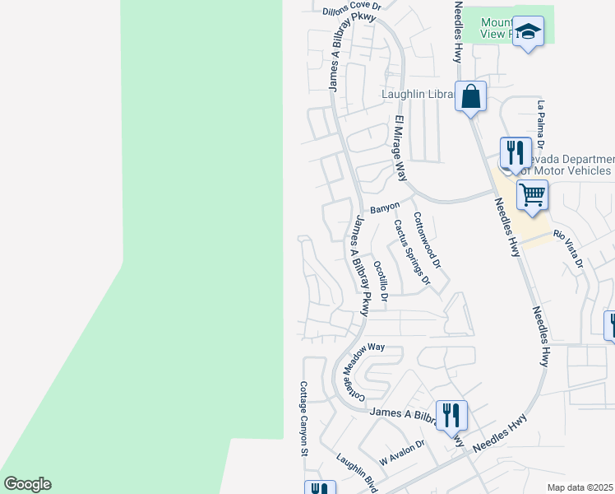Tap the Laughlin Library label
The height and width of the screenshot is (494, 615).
tap(417, 95)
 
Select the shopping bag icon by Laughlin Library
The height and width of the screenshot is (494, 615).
tap(471, 98)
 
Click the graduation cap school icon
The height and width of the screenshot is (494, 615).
tap(529, 32)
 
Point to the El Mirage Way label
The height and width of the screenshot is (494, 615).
tap(401, 148)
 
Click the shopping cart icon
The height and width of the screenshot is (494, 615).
tap(532, 195)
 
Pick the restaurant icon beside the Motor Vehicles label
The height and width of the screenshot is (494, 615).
tap(515, 151)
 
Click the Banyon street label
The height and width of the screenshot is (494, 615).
tap(384, 207)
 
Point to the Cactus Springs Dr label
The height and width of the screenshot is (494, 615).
tap(411, 251)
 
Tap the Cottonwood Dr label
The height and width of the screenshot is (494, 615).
tap(428, 241)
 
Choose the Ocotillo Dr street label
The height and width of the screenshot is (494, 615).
tap(380, 281)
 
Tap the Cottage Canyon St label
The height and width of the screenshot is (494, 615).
tap(303, 418)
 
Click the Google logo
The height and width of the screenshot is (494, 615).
tap(27, 484)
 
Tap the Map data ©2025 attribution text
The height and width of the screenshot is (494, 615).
tap(580, 487)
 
